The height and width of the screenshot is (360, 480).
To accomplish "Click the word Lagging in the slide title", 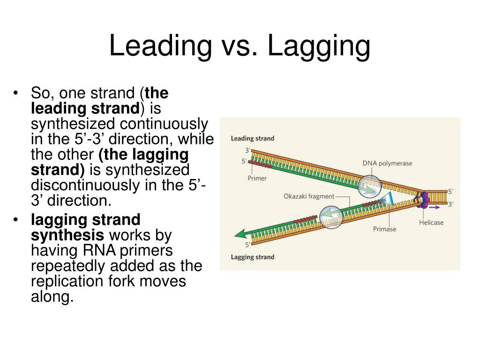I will (x=318, y=47).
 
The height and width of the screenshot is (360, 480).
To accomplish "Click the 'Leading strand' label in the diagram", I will (x=252, y=138).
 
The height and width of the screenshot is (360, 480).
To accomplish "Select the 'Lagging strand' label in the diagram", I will (x=252, y=257).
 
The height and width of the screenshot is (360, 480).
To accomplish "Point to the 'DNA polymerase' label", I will (x=387, y=163).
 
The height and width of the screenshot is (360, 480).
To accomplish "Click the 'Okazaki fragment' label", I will (x=309, y=196).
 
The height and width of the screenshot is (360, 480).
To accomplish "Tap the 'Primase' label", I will (x=384, y=229).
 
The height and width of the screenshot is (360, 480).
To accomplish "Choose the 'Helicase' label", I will (x=431, y=222).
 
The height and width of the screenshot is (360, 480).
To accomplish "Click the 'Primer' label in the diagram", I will (x=257, y=178).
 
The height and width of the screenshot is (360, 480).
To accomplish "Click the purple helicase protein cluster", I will (x=425, y=199).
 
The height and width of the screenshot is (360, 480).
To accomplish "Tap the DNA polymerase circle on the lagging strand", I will (x=331, y=217).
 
